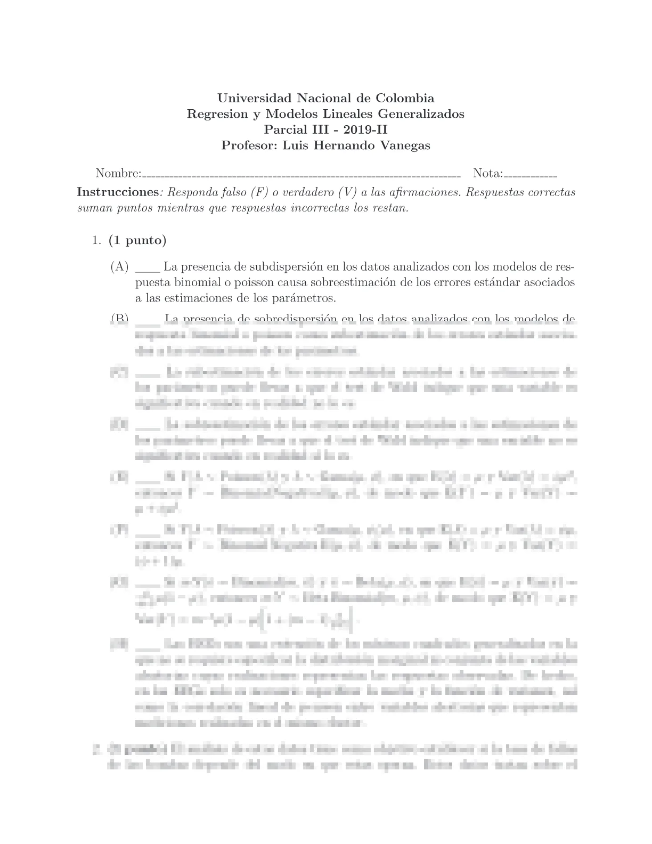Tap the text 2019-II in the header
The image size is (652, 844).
pyautogui.click(x=368, y=129)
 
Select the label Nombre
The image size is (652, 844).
pyautogui.click(x=118, y=173)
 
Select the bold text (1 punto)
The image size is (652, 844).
pyautogui.click(x=137, y=240)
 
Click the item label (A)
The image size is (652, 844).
pyautogui.click(x=120, y=266)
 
